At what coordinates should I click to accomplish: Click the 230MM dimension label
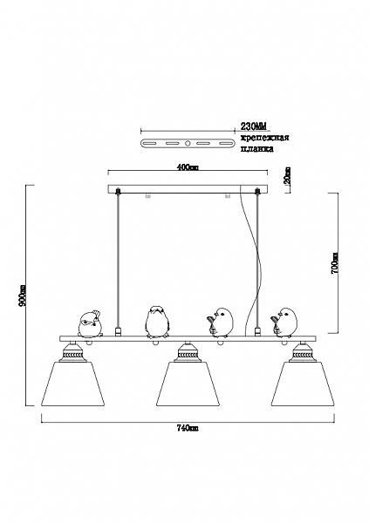[x=254, y=126]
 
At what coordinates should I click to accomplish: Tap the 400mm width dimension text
[x=187, y=167]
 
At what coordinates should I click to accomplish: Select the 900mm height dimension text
[x=23, y=295]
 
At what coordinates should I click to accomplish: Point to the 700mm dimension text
[x=335, y=263]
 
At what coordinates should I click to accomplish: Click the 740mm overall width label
[x=188, y=428]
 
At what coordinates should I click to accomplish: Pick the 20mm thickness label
[x=288, y=176]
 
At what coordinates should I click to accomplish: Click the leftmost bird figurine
[x=90, y=323]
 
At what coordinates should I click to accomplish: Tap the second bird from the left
[x=157, y=322]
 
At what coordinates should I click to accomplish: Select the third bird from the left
[x=220, y=323]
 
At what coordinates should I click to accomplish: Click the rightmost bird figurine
[x=284, y=322]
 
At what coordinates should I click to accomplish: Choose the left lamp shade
[x=72, y=384]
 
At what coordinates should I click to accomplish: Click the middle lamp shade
[x=188, y=384]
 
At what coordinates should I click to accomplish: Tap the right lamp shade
[x=303, y=384]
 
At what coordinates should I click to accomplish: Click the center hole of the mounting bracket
[x=188, y=144]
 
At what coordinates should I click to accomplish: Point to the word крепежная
[x=265, y=138]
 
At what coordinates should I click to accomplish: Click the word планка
[x=257, y=149]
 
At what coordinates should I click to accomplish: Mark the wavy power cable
[x=252, y=260]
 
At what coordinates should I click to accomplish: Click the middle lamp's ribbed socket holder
[x=188, y=353]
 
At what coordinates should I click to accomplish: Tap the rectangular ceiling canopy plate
[x=188, y=189]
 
